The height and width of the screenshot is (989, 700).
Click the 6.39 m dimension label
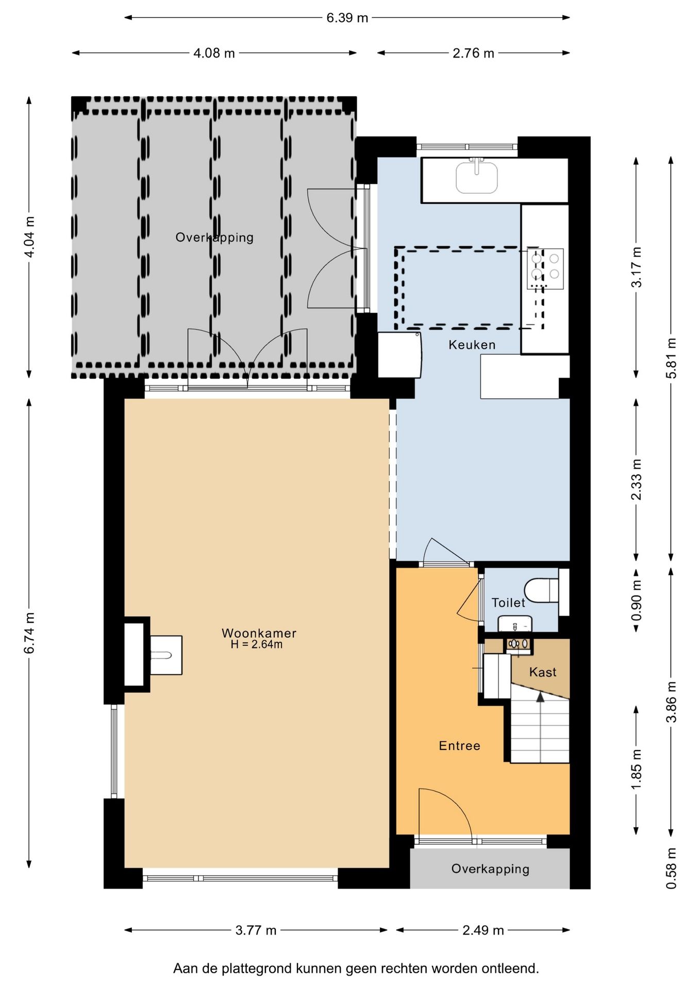[347, 18]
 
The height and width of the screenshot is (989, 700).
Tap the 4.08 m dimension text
[214, 53]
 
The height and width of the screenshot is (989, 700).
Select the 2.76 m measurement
[473, 53]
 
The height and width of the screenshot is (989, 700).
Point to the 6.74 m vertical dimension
[30, 633]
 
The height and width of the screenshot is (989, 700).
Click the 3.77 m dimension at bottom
[256, 930]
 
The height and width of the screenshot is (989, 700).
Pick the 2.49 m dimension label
[483, 930]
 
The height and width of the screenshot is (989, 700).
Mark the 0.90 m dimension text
[637, 601]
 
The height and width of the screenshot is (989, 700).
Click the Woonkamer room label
[259, 633]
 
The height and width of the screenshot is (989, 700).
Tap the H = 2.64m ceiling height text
[256, 644]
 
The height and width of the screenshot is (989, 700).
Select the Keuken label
[472, 345]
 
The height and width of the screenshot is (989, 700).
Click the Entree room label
[459, 745]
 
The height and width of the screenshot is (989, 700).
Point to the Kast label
[543, 672]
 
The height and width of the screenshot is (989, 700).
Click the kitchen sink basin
[477, 177]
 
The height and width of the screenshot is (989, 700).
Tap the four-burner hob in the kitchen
[545, 268]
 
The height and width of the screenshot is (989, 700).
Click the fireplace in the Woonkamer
[153, 655]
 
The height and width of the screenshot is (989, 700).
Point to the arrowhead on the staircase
[540, 697]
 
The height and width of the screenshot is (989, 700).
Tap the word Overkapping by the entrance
[490, 869]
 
